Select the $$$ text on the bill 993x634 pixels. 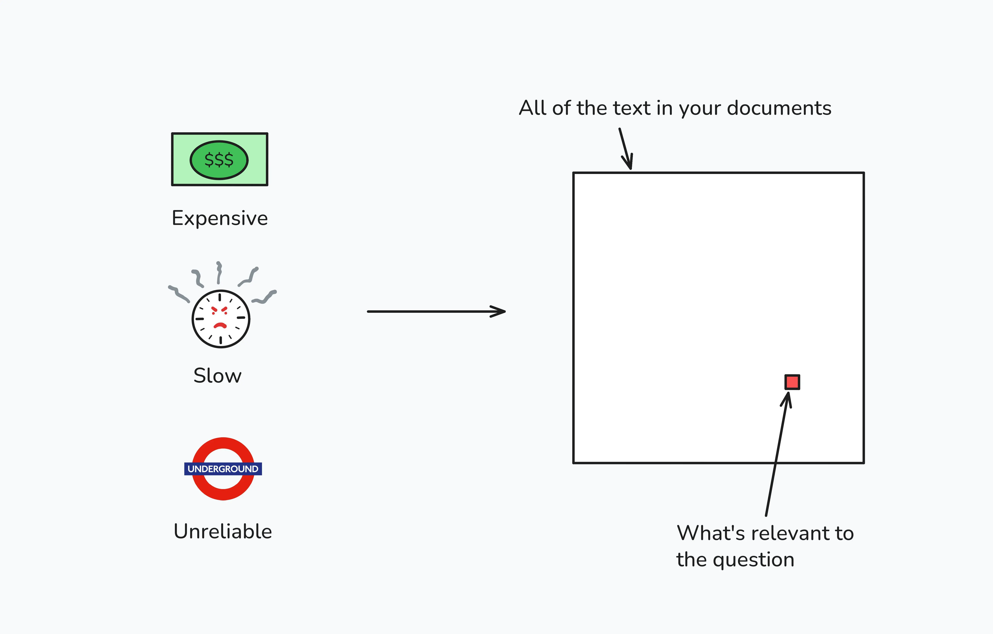click(219, 160)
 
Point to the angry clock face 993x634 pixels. click(221, 319)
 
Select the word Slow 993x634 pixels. click(217, 376)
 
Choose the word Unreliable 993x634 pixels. click(223, 531)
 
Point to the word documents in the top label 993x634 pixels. click(779, 108)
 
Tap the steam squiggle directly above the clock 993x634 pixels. click(219, 273)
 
